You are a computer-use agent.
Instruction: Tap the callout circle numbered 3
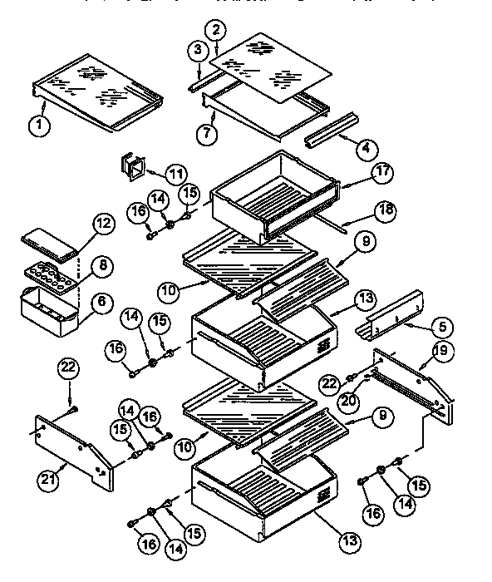point(196,50)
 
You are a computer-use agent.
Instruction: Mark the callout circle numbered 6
point(102,304)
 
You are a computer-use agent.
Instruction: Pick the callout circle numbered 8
point(104,266)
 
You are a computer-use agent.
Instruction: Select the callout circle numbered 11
point(175,175)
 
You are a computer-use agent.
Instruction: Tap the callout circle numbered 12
point(102,223)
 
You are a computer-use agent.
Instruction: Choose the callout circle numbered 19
point(440,349)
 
